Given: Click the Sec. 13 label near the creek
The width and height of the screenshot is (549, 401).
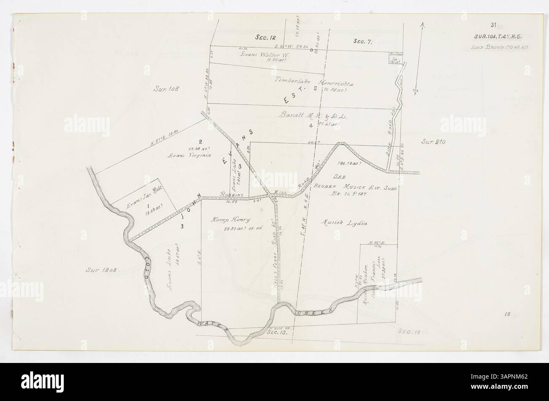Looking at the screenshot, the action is (277, 333).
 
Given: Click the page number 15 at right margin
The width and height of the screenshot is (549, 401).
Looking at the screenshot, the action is (507, 314).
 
